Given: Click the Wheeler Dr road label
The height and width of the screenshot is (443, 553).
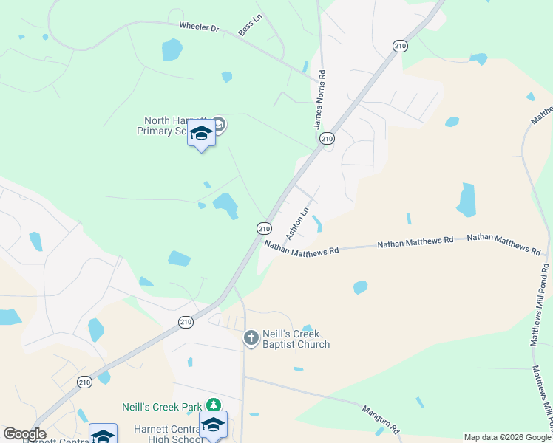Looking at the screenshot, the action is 200,28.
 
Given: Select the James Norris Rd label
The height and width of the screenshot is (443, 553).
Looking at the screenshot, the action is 319,100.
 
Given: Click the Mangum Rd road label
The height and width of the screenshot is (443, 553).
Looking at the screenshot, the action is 381,418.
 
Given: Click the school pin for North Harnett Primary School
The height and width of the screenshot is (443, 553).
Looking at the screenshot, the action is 201,134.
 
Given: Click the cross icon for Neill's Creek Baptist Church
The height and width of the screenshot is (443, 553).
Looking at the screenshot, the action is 251,339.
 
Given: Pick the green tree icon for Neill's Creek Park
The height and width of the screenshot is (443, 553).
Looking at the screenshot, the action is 214,405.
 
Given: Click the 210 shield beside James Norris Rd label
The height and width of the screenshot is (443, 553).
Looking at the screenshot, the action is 328,139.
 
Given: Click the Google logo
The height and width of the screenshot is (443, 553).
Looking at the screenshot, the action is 24,434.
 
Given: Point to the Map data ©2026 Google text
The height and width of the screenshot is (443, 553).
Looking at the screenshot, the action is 506,437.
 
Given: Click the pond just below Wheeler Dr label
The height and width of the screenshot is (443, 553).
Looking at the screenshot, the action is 172,49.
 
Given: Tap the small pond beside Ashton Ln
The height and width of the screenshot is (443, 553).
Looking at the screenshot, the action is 317,223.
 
